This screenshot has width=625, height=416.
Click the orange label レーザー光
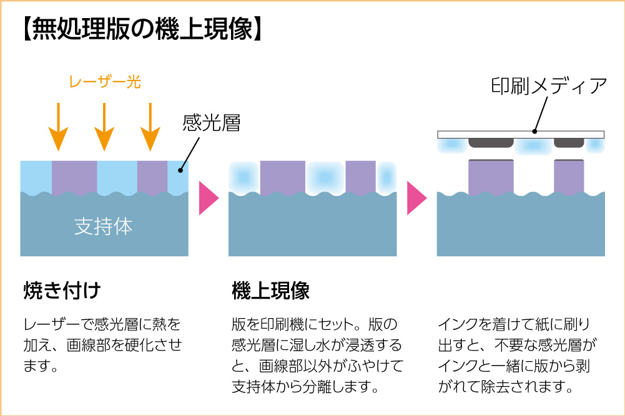(x=104, y=81)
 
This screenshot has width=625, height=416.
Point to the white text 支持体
(x=104, y=226)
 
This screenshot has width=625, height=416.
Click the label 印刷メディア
(x=548, y=86)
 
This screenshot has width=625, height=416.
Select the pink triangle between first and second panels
(x=208, y=198)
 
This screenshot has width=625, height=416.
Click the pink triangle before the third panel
(x=416, y=198)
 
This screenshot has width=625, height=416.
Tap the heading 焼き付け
(x=61, y=290)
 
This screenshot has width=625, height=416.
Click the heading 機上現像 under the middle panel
(x=270, y=290)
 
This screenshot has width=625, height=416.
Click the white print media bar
(x=521, y=134)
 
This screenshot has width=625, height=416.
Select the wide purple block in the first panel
(x=74, y=177)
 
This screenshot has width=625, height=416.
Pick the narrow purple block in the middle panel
(x=360, y=177)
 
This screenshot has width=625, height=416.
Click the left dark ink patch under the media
(x=491, y=143)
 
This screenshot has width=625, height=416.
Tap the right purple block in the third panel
(x=569, y=177)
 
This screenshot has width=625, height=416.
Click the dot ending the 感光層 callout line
(x=180, y=169)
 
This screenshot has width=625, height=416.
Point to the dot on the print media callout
(x=534, y=132)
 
